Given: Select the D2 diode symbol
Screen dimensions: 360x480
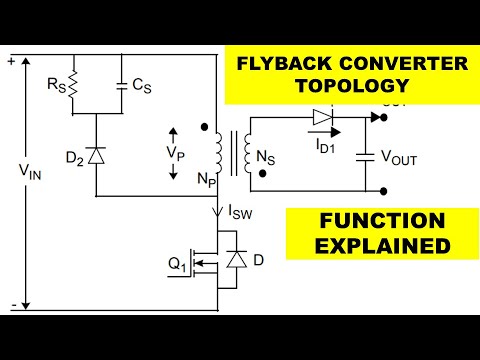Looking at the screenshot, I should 97,155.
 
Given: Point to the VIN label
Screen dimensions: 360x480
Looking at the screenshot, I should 30,171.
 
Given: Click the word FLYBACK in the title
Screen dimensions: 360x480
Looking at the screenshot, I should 283,65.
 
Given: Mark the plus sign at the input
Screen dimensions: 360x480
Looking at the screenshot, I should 11,61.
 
